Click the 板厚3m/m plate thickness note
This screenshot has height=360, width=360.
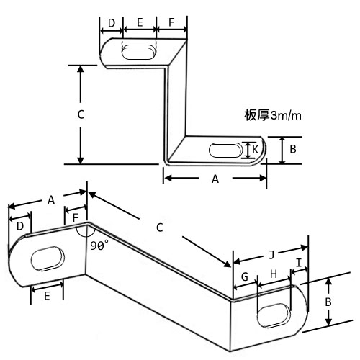coord(273,116)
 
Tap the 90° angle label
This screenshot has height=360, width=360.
coord(99,246)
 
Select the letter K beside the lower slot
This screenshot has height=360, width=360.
coord(255,150)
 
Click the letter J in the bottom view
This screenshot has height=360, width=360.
coord(271,255)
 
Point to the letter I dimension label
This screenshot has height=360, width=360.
coord(299,263)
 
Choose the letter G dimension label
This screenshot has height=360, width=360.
coord(245,276)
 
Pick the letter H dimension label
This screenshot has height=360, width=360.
coord(274,274)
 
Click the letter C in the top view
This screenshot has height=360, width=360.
coord(81,114)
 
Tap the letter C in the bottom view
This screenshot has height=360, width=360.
coord(159,228)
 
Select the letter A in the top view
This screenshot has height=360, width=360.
coord(215,179)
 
